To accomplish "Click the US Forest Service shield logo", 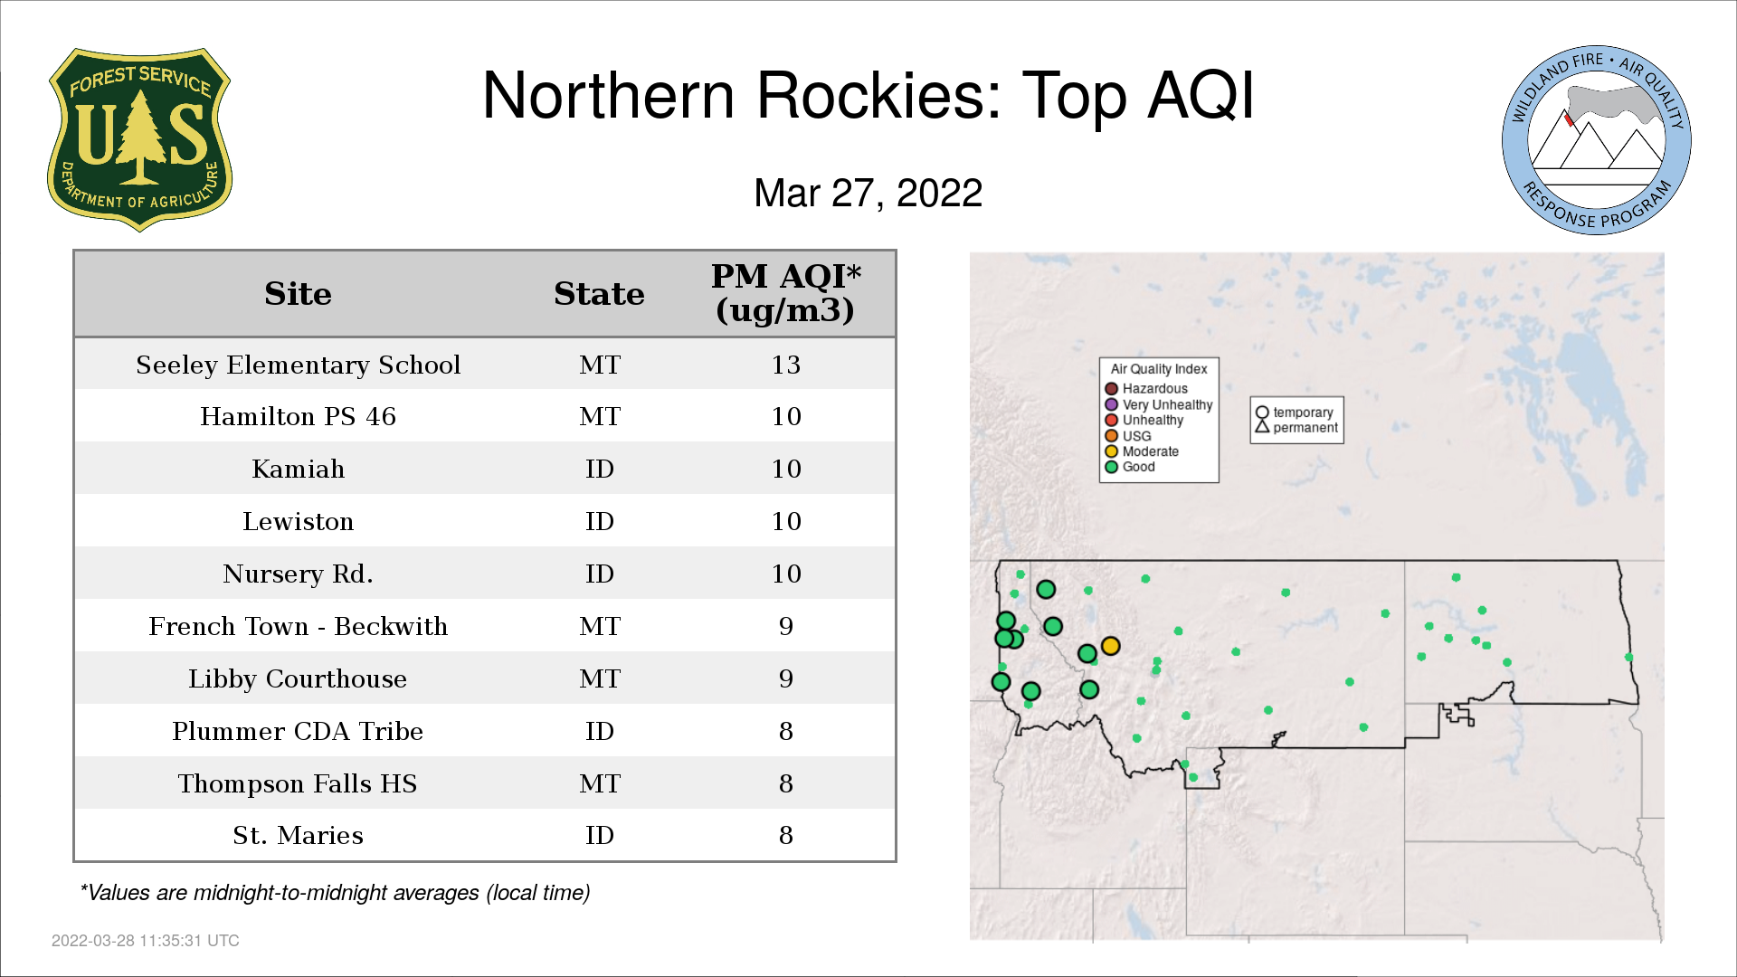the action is coord(139,139).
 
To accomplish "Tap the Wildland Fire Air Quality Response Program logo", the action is coord(1597,140).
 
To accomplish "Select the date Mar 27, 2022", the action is coord(868,194).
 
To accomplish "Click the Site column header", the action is coord(298,294).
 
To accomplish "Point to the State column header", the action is coord(599,294).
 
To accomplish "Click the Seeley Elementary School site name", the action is coord(298,365).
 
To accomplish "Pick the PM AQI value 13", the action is coord(786,365).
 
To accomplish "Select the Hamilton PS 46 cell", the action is coord(298,416).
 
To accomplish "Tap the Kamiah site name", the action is coord(298,469).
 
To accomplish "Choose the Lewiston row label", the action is coord(298,521).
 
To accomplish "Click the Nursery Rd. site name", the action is coord(298,574).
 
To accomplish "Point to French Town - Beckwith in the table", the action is coord(298,626).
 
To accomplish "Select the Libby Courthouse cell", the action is coord(298,678).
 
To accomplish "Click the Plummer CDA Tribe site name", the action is coord(298,731).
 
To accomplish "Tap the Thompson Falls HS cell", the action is coord(298,783).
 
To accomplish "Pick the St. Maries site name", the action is coord(298,835).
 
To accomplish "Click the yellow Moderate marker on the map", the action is coord(1111,646).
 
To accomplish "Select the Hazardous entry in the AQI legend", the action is coord(1146,389).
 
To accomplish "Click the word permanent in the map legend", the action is coord(1305,428).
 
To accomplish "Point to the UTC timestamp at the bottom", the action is coord(146,941).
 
